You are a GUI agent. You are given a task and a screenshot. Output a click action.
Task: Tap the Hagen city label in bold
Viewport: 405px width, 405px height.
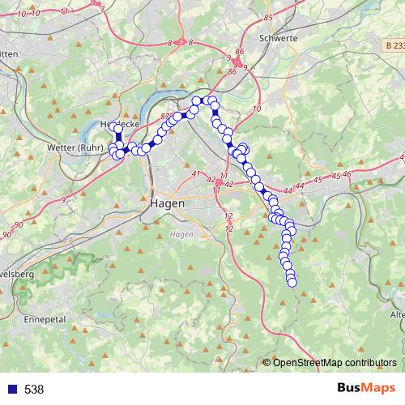pos(168,203)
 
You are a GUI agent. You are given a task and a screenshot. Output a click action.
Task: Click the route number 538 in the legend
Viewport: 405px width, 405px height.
pos(34,389)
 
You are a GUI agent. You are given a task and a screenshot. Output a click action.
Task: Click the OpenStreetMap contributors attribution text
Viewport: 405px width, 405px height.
pos(335,363)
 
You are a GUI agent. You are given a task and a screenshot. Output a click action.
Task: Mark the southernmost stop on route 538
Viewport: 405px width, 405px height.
pos(292,282)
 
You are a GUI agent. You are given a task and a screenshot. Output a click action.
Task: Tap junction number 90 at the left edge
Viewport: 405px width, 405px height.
pos(7,234)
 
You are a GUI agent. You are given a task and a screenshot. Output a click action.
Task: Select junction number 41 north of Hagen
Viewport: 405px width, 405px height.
pos(195,174)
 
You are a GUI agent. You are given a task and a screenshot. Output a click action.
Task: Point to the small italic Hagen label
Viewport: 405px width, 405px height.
pos(180,233)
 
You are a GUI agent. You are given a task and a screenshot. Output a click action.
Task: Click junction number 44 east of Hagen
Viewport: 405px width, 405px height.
pos(299,187)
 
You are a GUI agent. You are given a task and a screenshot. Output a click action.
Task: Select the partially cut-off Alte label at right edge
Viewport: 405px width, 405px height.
pos(398,314)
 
